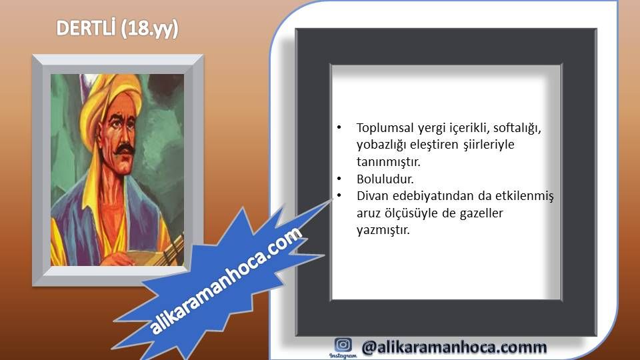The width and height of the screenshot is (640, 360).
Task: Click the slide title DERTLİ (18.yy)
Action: point(117,29)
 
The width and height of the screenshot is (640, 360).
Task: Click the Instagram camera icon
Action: point(343,345)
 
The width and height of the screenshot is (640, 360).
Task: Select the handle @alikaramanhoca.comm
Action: point(454,347)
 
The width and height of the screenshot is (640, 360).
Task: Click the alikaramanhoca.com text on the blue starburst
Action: point(226,281)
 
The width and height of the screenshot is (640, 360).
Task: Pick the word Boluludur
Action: point(385,179)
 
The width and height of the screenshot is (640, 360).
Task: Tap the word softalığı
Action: point(517,128)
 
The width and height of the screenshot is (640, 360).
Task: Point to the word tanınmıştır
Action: point(388,161)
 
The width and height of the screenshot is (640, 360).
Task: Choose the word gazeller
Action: point(481,213)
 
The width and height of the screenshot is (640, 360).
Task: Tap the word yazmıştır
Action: point(383,230)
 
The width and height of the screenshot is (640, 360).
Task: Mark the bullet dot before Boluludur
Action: point(339,179)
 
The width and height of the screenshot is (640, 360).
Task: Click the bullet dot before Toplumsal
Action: point(339,128)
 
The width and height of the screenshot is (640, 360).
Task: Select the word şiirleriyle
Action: point(489,145)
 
